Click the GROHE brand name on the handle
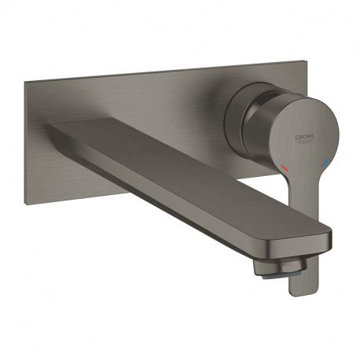point(305,138)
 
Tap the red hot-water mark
point(284,168)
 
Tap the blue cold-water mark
point(325,163)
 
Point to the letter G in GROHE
point(297,138)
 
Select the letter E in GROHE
point(313,137)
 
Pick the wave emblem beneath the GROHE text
point(306,141)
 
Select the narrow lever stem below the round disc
point(304,210)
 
